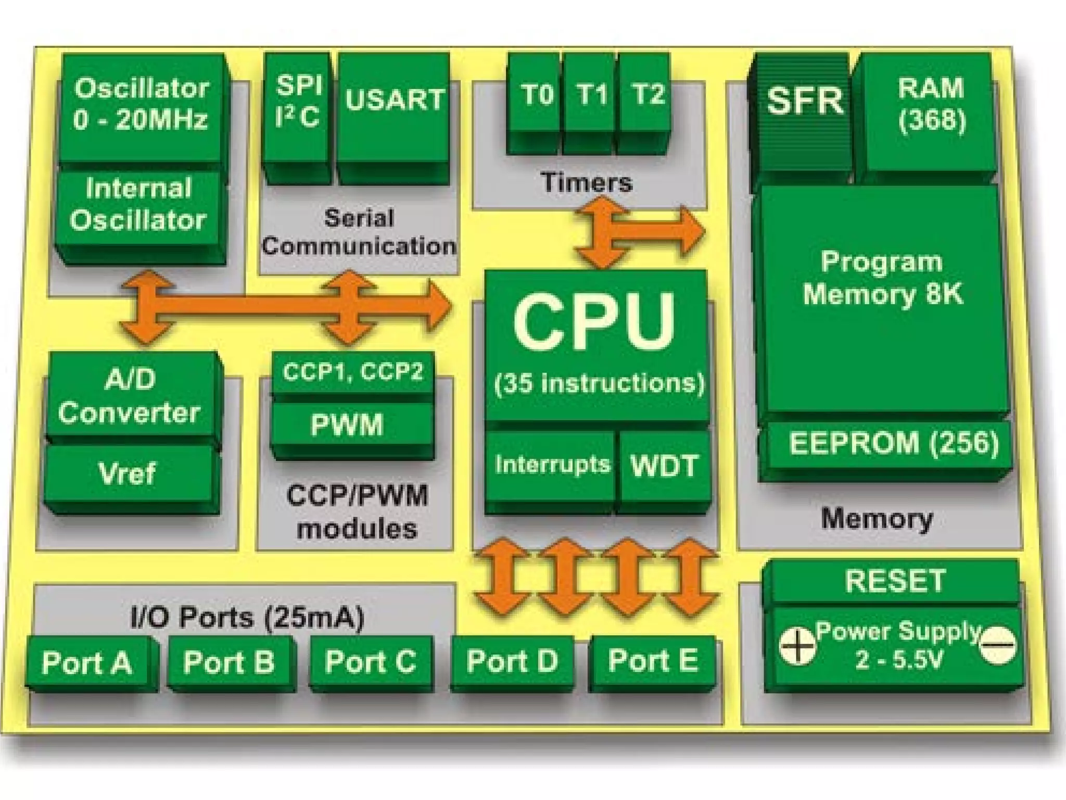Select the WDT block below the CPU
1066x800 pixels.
(664, 466)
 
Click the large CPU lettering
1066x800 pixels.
(593, 323)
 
